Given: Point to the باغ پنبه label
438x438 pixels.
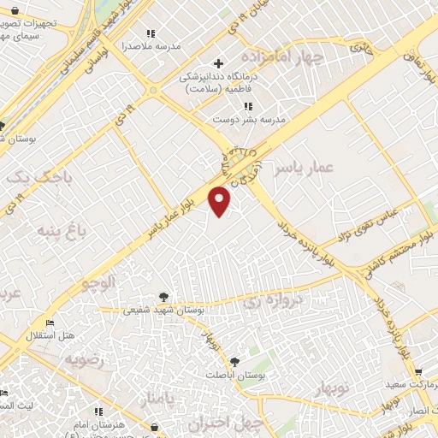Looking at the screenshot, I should (x=62, y=229).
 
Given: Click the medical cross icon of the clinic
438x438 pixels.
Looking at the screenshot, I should (x=219, y=63).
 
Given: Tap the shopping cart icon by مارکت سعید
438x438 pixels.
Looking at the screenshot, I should (x=418, y=372).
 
